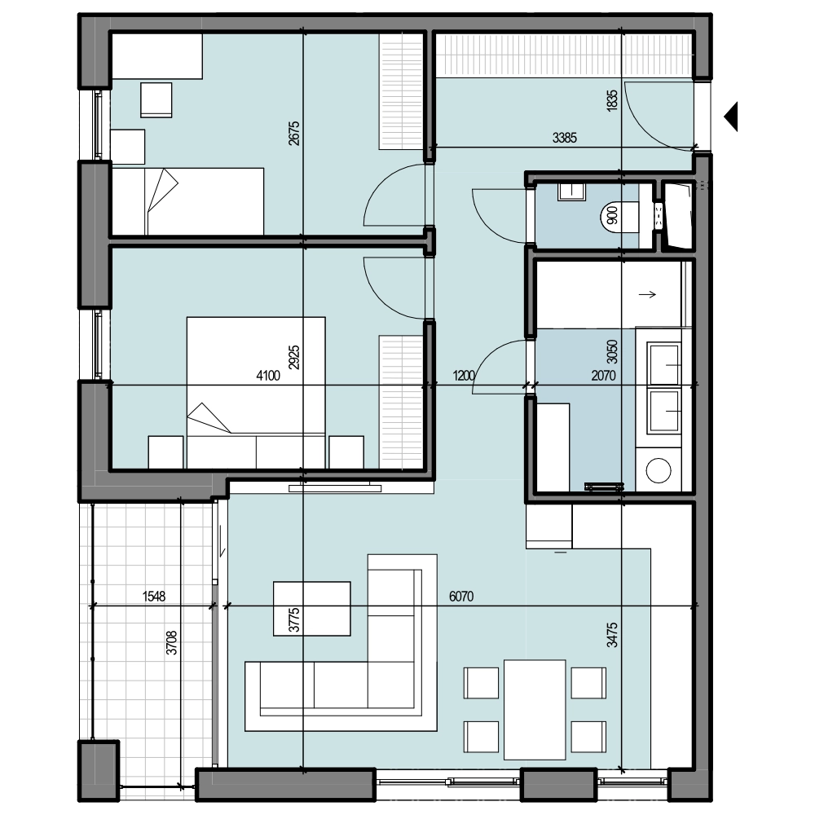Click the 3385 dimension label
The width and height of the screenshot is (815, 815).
tap(564, 138)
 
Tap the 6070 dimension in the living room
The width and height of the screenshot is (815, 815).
tap(461, 597)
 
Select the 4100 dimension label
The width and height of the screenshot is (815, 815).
tap(268, 375)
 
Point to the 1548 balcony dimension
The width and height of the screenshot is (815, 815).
tap(154, 597)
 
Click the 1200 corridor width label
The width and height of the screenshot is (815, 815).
tap(464, 375)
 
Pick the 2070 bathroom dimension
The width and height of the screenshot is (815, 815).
tap(603, 375)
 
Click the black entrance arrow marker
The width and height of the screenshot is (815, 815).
tap(731, 117)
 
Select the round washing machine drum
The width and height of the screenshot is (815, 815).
tap(658, 470)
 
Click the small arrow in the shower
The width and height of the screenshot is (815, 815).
tap(647, 295)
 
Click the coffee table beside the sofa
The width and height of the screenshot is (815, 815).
tap(312, 609)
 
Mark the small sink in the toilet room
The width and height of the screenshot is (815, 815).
tap(572, 192)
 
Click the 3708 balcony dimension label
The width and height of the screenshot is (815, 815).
tap(171, 642)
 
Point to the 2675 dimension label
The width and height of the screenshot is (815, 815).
tap(294, 133)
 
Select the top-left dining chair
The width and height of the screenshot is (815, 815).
tap(482, 683)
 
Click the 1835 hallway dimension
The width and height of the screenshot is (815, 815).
tap(612, 100)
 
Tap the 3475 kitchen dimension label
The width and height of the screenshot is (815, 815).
tap(612, 635)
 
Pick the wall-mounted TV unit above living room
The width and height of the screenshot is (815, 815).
tap(335, 488)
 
